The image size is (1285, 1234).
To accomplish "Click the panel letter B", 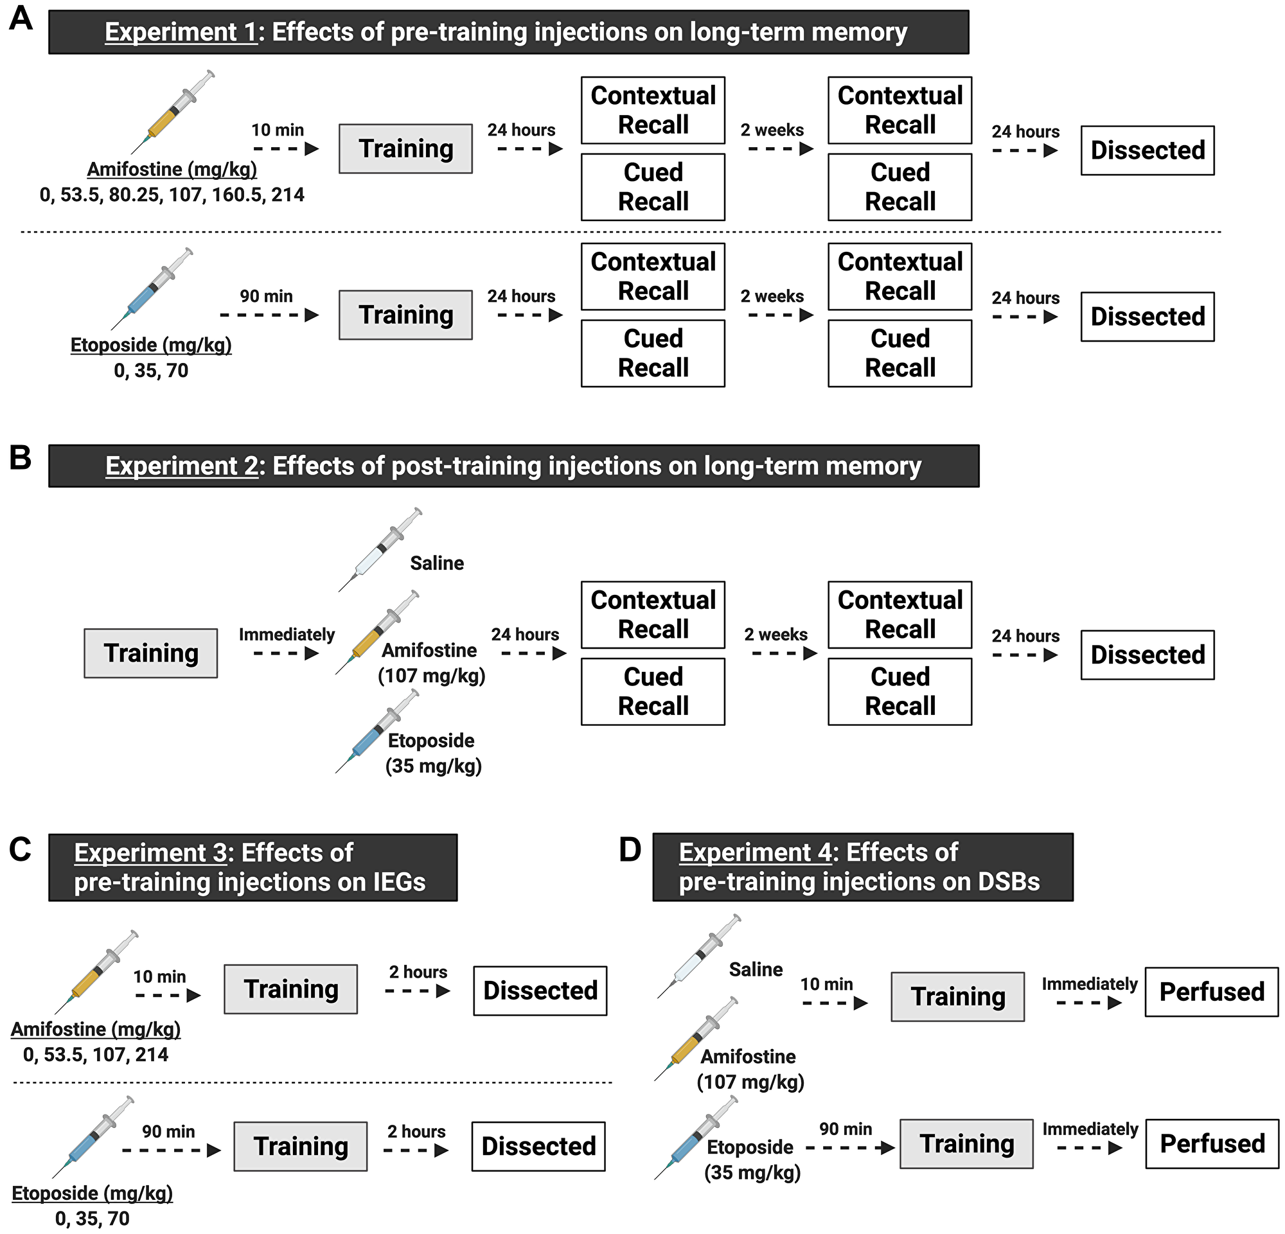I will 21,458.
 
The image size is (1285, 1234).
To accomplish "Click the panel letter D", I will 630,850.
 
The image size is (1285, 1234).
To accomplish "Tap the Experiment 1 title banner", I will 508,32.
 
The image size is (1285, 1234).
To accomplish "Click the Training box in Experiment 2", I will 151,653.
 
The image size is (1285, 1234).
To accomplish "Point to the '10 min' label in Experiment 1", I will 278,130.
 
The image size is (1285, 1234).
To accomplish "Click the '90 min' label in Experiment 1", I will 265,296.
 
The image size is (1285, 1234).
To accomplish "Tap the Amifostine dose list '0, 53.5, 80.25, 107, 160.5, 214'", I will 172,195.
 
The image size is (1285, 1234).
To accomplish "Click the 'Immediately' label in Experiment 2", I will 287,635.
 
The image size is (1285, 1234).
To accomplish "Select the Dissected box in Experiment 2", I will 1148,655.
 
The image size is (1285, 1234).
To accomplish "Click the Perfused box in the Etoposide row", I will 1212,1143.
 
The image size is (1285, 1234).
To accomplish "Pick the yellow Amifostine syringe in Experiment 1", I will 172,112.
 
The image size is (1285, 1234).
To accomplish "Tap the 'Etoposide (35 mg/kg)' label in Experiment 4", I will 752,1159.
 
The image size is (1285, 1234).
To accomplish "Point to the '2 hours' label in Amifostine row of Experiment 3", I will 418,972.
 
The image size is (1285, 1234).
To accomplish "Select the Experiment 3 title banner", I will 253,867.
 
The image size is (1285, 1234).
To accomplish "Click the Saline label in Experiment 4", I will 756,969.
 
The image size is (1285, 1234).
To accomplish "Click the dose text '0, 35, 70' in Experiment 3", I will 93,1219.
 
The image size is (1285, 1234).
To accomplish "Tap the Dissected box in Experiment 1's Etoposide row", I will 1148,317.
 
